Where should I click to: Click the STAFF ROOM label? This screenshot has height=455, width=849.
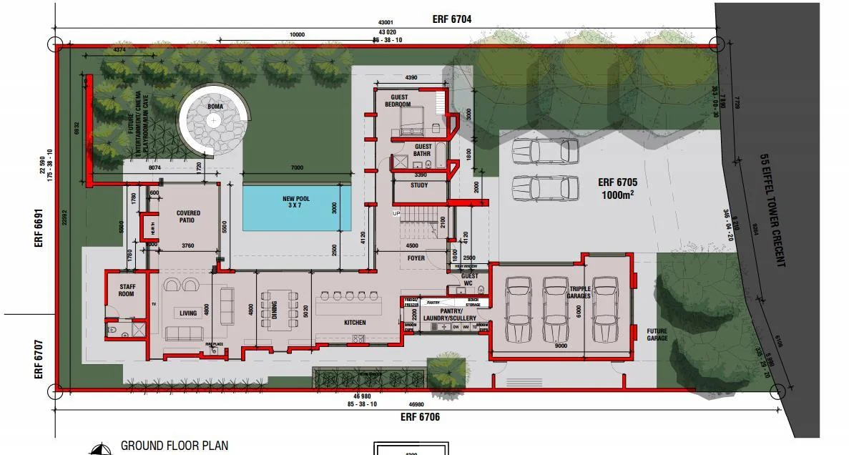pos(127,290)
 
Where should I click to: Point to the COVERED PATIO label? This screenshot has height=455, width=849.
pos(188,217)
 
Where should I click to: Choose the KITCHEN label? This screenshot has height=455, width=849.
pos(355,323)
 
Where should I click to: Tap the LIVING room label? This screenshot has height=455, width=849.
pos(188,313)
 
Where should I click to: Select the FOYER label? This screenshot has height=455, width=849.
pos(415,258)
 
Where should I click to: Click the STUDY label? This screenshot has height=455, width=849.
pos(419,185)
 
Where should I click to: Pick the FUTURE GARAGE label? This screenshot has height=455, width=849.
pos(657,334)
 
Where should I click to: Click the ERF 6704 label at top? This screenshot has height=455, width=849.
pos(451,19)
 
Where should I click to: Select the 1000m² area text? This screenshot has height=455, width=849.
pos(615,195)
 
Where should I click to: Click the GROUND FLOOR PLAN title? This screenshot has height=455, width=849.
pos(175,446)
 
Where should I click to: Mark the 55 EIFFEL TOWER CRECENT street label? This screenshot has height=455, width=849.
pos(772,210)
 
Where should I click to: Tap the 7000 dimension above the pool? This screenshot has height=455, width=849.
pos(297,168)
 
